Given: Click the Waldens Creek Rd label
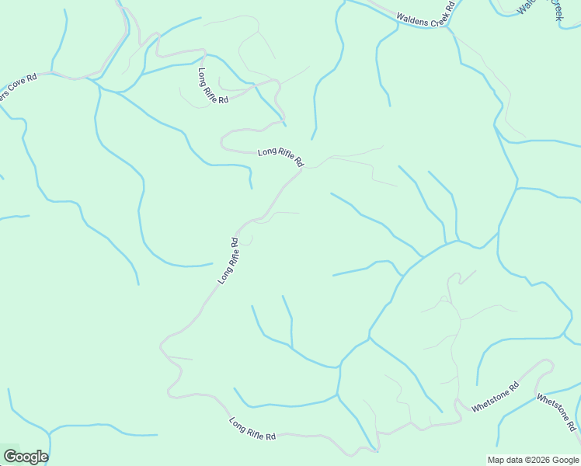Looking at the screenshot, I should (424, 16).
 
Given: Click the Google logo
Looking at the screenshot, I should (26, 456).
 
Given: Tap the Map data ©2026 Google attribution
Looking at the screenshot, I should (533, 460).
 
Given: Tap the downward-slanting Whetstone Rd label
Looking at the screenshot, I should (556, 412).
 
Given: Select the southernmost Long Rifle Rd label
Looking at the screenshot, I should (252, 429).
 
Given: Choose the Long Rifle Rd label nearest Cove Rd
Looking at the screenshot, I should (212, 86).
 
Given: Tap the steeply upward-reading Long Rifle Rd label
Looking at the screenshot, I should (228, 260).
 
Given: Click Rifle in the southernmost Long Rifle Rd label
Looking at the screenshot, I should (255, 429).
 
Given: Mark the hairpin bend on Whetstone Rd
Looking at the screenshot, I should (550, 363).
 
